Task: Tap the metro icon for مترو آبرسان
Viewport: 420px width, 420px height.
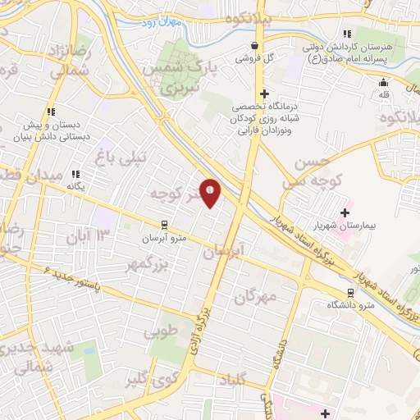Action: (x=163, y=224)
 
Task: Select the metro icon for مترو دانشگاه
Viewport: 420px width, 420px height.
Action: (x=351, y=293)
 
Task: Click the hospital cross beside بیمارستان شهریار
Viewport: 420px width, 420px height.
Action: (x=345, y=212)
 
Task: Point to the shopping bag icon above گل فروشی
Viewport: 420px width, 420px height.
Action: (x=255, y=45)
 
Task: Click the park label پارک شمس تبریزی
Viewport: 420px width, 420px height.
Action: (x=176, y=75)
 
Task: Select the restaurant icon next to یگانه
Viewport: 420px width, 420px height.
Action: (x=75, y=174)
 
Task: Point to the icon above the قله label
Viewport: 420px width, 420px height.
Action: (x=383, y=81)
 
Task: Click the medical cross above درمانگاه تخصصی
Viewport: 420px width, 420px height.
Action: (x=263, y=94)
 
